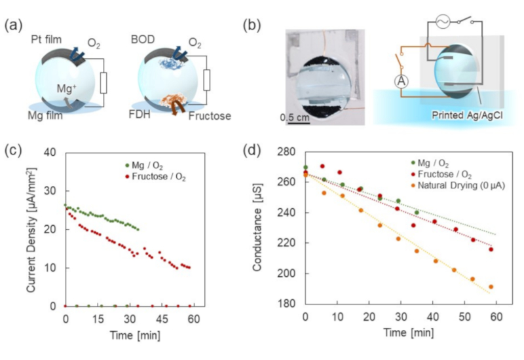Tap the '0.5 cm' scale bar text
point(295,118)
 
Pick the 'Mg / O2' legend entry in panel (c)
point(142,164)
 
